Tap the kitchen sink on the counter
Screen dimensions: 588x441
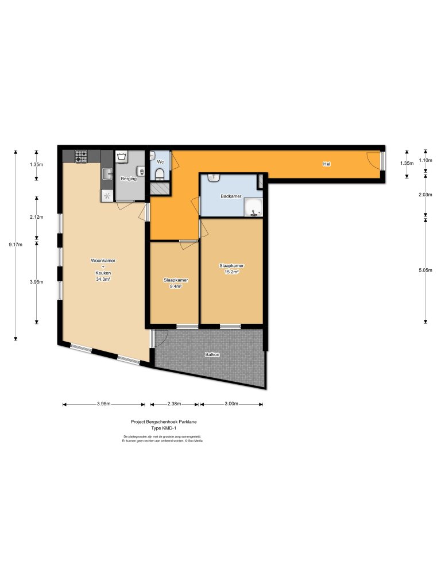[x=107, y=173]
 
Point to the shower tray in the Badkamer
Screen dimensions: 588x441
[x=253, y=208]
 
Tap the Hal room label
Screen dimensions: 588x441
[x=327, y=164]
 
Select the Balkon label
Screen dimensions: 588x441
[x=212, y=354]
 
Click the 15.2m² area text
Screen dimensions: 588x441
[x=232, y=272]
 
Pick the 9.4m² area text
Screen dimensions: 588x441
[x=176, y=285]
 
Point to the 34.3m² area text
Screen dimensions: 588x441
[x=103, y=279]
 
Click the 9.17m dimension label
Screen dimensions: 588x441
[x=16, y=245]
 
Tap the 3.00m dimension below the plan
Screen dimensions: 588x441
[x=231, y=404]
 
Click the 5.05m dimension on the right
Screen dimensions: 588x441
[x=425, y=270]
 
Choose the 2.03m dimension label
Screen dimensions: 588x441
[x=425, y=195]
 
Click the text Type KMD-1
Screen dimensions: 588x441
[x=163, y=428]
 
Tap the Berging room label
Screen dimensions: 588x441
[x=128, y=179]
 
